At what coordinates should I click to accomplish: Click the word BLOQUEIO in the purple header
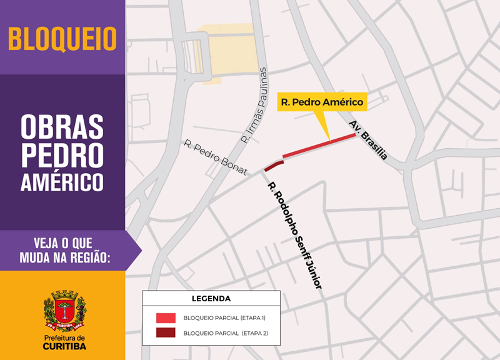pyautogui.click(x=62, y=38)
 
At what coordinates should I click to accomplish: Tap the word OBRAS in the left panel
pyautogui.click(x=62, y=127)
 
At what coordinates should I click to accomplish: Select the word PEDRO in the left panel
pyautogui.click(x=62, y=154)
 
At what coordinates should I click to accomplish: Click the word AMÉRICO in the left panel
pyautogui.click(x=62, y=181)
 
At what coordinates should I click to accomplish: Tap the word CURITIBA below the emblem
pyautogui.click(x=65, y=346)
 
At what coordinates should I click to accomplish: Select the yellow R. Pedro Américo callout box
pyautogui.click(x=322, y=102)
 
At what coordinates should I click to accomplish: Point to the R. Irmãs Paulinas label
pyautogui.click(x=254, y=105)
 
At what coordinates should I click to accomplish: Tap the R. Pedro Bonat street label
pyautogui.click(x=216, y=157)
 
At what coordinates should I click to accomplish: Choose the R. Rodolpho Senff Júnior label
pyautogui.click(x=294, y=235)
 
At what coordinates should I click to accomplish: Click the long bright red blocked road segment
pyautogui.click(x=319, y=146)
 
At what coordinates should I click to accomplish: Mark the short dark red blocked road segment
pyautogui.click(x=274, y=166)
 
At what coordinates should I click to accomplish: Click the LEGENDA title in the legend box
pyautogui.click(x=211, y=299)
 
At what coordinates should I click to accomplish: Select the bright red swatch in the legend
pyautogui.click(x=166, y=317)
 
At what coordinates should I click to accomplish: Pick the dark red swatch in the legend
pyautogui.click(x=166, y=333)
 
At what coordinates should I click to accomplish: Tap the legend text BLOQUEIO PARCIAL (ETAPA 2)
pyautogui.click(x=225, y=334)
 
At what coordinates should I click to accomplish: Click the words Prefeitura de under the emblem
pyautogui.click(x=65, y=337)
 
